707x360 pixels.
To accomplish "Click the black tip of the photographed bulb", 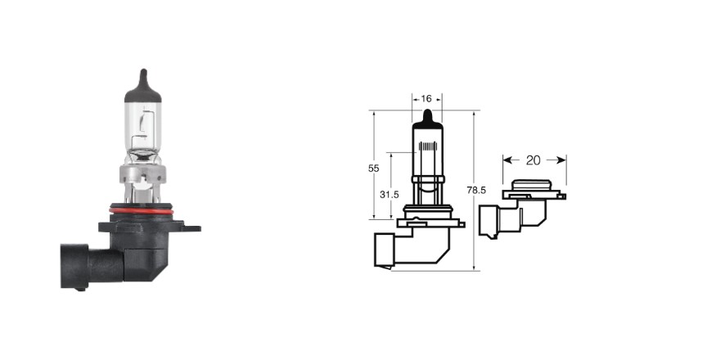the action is click(x=143, y=88).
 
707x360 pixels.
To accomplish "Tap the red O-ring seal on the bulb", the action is click(x=141, y=211).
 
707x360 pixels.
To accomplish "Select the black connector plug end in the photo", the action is click(x=74, y=266).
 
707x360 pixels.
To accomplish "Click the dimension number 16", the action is click(x=426, y=99).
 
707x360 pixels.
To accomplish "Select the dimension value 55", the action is click(x=373, y=169).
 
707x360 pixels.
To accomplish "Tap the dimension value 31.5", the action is click(x=390, y=195).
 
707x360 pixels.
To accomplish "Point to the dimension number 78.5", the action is click(x=476, y=191).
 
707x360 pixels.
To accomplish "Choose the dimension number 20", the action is click(x=533, y=160).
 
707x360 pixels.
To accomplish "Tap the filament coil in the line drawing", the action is click(x=428, y=146).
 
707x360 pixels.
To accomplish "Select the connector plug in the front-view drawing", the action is click(x=384, y=251).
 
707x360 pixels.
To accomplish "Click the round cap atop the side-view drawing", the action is click(x=533, y=185).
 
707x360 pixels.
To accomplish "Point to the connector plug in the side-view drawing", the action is click(x=489, y=222).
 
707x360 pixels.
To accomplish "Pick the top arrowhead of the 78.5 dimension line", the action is click(x=475, y=114).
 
